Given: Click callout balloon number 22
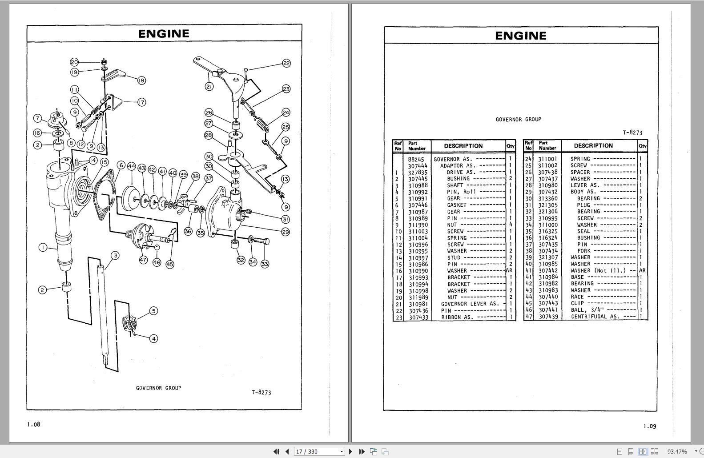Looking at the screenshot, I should pyautogui.click(x=286, y=63).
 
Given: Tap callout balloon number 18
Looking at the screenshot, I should pyautogui.click(x=141, y=80).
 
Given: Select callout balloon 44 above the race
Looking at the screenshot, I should pyautogui.click(x=131, y=166).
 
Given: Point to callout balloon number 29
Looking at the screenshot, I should pyautogui.click(x=286, y=232).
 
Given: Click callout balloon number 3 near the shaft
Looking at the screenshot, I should pyautogui.click(x=116, y=255).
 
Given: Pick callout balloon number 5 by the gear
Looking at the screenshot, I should pyautogui.click(x=153, y=311).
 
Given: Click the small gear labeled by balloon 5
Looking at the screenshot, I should pyautogui.click(x=129, y=323).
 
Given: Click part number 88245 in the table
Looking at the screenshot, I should pyautogui.click(x=416, y=159).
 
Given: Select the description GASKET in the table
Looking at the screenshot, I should pyautogui.click(x=457, y=205).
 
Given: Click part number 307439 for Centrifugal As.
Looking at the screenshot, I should pyautogui.click(x=548, y=317).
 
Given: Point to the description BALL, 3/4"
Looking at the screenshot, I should pyautogui.click(x=587, y=310).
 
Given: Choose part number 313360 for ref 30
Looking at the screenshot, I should pyautogui.click(x=548, y=198).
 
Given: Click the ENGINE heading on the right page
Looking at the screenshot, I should pyautogui.click(x=521, y=36).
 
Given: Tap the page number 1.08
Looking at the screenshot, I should pyautogui.click(x=33, y=424).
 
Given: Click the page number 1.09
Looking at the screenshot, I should pyautogui.click(x=649, y=426).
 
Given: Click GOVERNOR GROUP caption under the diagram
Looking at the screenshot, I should pyautogui.click(x=158, y=388).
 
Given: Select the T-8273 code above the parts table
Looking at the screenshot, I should pyautogui.click(x=632, y=133).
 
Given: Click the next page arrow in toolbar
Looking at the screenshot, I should pyautogui.click(x=350, y=451).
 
